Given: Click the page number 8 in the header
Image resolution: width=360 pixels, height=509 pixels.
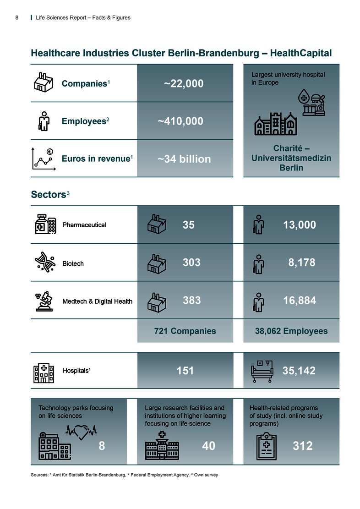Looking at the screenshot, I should coord(16,18).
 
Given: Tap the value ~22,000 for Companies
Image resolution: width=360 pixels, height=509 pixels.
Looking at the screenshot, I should coord(184,84).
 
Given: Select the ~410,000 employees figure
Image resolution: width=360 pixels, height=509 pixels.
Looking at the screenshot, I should coord(180,121).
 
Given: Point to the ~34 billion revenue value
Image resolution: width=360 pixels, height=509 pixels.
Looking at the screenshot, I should coord(184,159).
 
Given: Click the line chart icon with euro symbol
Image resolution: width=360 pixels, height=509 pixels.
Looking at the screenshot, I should coord(43,159).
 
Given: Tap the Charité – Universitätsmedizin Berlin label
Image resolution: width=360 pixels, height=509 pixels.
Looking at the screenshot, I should coord(291,159).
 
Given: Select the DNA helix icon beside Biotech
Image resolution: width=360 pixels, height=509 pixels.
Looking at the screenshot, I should coord(45,263).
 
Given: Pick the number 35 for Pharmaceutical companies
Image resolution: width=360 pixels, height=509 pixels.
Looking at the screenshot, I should coord(189,225).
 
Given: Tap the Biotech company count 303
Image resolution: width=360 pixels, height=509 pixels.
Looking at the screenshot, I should coord(191,263).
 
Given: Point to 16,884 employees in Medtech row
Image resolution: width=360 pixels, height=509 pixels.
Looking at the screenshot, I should coord(300,301).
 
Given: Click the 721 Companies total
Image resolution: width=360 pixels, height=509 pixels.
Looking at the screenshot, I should coord(185,331).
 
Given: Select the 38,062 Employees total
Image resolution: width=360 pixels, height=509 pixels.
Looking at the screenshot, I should coord(291,331).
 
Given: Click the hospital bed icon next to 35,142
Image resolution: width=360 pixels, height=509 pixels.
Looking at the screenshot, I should coord(262,371).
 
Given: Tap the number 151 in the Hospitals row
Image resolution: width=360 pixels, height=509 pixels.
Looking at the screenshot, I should coord(185,371).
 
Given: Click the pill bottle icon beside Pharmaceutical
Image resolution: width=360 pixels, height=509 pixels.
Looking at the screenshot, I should coord(45,225).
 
